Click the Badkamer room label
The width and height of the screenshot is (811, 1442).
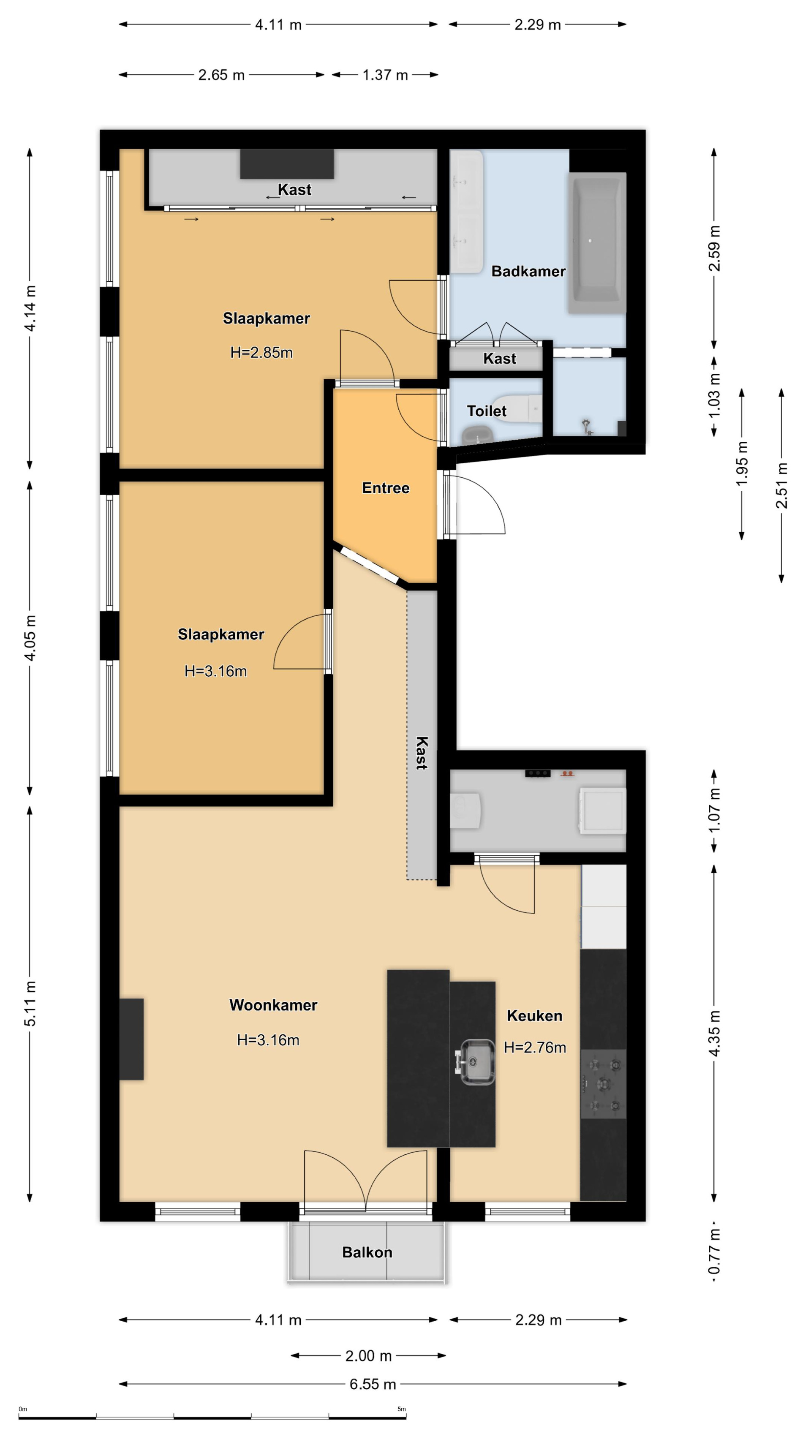[528, 272]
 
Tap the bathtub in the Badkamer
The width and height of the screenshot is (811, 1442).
[597, 243]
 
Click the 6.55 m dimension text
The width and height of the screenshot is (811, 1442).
[373, 1384]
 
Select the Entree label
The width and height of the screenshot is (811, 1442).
[386, 488]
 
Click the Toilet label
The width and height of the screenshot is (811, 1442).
[486, 411]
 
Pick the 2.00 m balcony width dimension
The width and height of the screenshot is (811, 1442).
[368, 1356]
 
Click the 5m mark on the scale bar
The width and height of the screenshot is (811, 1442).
[401, 1409]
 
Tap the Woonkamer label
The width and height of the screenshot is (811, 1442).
[273, 1005]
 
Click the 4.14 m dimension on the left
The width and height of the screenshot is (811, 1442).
[30, 308]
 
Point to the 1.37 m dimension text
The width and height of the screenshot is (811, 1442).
[385, 75]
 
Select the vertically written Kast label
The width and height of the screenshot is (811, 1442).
[422, 753]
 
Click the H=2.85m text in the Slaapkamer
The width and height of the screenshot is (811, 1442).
[261, 353]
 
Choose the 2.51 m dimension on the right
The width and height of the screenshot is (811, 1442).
[781, 485]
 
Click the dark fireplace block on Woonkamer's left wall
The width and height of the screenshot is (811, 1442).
[131, 1039]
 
